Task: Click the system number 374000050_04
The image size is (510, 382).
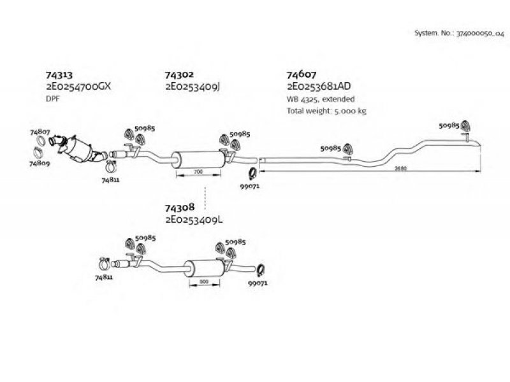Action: [481, 33]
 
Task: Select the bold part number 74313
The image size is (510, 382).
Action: [59, 75]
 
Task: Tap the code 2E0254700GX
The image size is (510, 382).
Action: [78, 87]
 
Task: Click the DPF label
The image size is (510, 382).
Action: [53, 99]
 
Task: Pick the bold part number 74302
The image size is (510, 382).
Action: [179, 74]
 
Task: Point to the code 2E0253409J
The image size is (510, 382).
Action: [193, 87]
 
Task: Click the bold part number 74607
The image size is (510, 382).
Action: [301, 74]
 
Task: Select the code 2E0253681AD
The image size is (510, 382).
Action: [319, 86]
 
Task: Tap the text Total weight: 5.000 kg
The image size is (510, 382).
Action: [326, 111]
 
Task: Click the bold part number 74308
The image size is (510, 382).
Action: [180, 208]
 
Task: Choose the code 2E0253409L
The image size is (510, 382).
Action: [194, 220]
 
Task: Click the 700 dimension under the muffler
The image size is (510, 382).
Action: [198, 171]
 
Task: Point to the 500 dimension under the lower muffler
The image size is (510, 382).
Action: [204, 281]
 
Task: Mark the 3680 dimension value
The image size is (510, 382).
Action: [400, 168]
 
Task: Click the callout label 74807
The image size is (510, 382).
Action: [40, 132]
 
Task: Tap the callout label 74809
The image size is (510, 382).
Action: [40, 164]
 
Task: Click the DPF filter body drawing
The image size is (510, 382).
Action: [78, 149]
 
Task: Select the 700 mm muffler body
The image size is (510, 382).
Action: [198, 160]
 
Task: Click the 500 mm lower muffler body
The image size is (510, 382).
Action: [204, 268]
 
